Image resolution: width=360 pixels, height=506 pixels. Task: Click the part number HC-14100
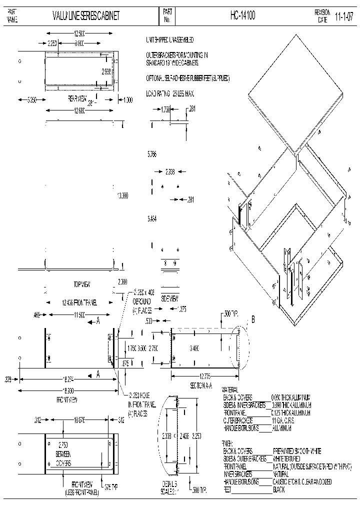(243, 16)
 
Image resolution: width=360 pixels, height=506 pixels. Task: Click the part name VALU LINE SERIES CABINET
(86, 16)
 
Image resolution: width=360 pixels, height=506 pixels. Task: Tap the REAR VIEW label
(77, 99)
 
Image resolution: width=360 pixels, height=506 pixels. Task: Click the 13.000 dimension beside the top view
(122, 196)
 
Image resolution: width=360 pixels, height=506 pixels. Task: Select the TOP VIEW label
(81, 284)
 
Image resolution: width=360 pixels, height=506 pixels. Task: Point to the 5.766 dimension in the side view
(152, 155)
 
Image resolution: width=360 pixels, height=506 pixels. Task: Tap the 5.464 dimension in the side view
(152, 218)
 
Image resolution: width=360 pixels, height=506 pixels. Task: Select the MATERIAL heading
(230, 389)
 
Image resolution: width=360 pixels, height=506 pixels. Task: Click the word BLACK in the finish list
(279, 490)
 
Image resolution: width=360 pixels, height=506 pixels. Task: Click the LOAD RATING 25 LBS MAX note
(169, 93)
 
